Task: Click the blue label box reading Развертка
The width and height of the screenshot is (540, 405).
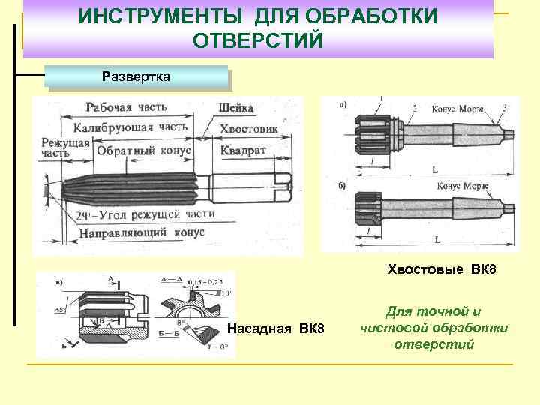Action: (136, 76)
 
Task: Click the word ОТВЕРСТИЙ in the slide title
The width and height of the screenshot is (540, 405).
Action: (257, 40)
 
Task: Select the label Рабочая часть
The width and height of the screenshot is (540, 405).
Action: (125, 107)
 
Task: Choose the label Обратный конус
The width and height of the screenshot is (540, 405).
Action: (144, 151)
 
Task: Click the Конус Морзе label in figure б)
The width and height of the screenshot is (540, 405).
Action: (462, 184)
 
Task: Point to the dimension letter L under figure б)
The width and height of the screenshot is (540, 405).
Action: (436, 239)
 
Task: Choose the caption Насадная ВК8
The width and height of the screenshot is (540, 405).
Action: (275, 328)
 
